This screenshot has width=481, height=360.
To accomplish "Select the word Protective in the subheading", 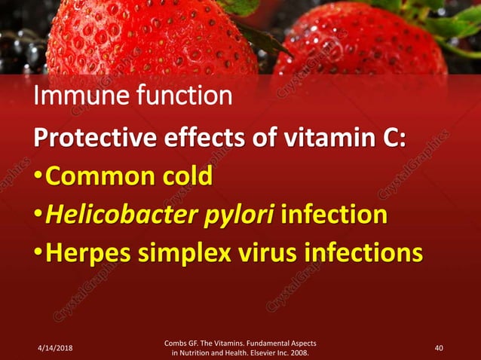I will (94, 139).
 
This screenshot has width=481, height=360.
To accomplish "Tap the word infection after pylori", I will (334, 215).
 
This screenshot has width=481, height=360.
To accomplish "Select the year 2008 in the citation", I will (299, 352).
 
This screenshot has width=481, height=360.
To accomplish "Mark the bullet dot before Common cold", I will (39, 178).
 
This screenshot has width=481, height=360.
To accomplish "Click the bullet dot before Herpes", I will (39, 254).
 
